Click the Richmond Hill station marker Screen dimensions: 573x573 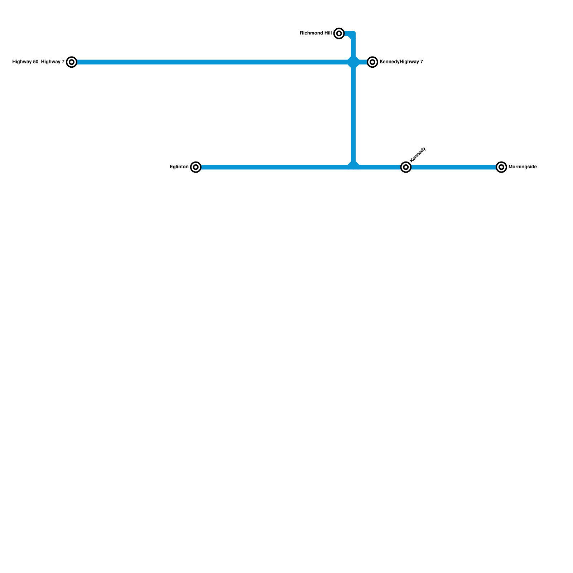[x=339, y=33]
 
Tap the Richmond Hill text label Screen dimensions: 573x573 [x=316, y=33]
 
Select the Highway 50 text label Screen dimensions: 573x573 [x=25, y=62]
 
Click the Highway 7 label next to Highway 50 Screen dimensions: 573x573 [x=53, y=62]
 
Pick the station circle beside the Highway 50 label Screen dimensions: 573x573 [x=72, y=62]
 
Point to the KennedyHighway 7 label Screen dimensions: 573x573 [x=401, y=62]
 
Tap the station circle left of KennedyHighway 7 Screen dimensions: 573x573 [x=372, y=62]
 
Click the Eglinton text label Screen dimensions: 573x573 [x=179, y=167]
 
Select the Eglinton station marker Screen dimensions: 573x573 [x=196, y=167]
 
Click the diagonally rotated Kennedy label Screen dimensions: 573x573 [x=418, y=155]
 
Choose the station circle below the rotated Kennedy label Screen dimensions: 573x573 [x=405, y=167]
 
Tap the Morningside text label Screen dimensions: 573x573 [x=522, y=167]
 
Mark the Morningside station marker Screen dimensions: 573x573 [x=501, y=167]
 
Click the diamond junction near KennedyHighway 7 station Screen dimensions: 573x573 [x=353, y=62]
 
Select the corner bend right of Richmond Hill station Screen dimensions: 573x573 [x=353, y=34]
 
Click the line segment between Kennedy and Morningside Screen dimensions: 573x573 [x=453, y=167]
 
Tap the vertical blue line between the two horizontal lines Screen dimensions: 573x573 [x=353, y=115]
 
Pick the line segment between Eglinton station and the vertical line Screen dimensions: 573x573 [x=272, y=167]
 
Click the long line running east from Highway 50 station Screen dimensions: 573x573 [x=211, y=62]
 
